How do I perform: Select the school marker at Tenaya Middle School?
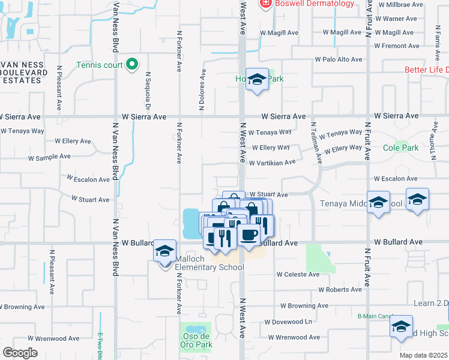(378, 203)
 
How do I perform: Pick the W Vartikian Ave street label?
(272, 163)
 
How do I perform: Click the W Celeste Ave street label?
(298, 274)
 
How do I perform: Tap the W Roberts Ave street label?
(340, 289)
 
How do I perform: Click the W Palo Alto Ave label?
(339, 59)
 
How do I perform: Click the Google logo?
(20, 353)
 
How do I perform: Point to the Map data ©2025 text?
(424, 355)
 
